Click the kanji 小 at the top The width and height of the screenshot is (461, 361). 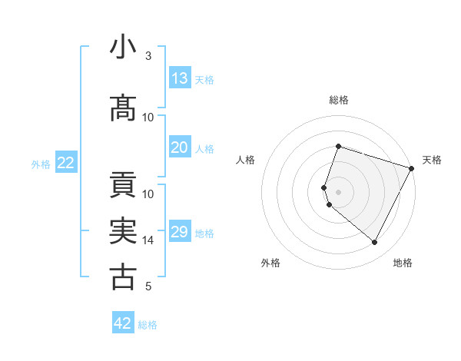(x=123, y=48)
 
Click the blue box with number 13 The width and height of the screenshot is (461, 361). (x=180, y=78)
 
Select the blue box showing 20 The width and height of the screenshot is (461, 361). (x=180, y=148)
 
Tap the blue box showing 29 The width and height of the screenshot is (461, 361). (x=180, y=232)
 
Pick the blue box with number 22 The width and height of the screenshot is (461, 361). (x=66, y=163)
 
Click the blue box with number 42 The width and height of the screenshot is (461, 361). (x=123, y=323)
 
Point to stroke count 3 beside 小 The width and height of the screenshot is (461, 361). (x=148, y=56)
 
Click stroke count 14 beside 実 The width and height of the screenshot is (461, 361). (x=148, y=240)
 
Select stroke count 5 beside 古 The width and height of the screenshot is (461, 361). (x=148, y=286)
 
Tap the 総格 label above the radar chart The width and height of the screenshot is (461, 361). (x=338, y=100)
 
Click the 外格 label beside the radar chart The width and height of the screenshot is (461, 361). (x=270, y=263)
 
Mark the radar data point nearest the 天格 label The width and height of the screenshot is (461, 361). (x=412, y=169)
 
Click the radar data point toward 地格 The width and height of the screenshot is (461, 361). (x=375, y=243)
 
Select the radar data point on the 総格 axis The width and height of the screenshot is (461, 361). (x=338, y=146)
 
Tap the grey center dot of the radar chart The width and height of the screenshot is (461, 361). (x=338, y=190)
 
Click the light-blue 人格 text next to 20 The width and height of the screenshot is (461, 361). (x=204, y=149)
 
